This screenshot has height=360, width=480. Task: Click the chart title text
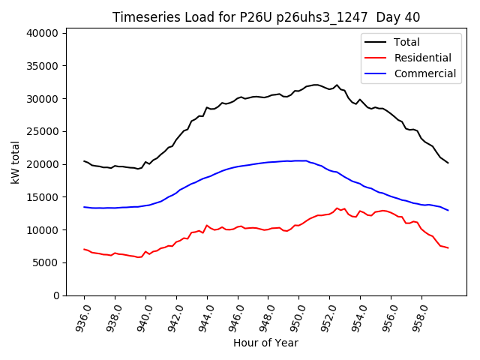pos(265,17)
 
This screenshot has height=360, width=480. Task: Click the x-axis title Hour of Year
pos(265,343)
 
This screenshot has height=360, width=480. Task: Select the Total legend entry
pos(407,42)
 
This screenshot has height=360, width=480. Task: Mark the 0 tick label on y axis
pos(55,295)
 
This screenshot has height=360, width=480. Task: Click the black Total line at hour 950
pos(299,91)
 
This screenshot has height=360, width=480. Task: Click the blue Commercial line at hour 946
pos(238,166)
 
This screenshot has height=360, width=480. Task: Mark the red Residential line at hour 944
pos(207,225)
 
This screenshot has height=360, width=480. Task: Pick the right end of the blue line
pos(448,210)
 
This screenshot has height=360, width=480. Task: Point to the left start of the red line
pos(84,249)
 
